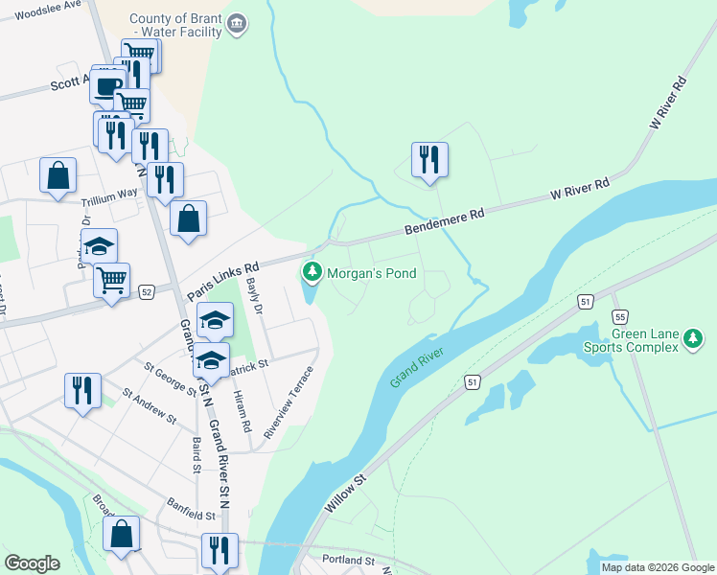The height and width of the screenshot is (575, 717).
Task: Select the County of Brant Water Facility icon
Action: click(238, 24)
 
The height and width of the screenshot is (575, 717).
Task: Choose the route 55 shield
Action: click(620, 316)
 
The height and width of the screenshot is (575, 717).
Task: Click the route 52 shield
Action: click(147, 291)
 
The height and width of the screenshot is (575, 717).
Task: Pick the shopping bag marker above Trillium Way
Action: click(58, 176)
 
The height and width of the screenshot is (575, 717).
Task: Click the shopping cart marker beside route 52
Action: click(111, 280)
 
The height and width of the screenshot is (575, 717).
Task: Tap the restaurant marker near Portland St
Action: click(220, 550)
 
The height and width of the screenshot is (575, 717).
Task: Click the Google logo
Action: click(32, 563)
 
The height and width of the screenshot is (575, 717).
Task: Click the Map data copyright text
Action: click(657, 567)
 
